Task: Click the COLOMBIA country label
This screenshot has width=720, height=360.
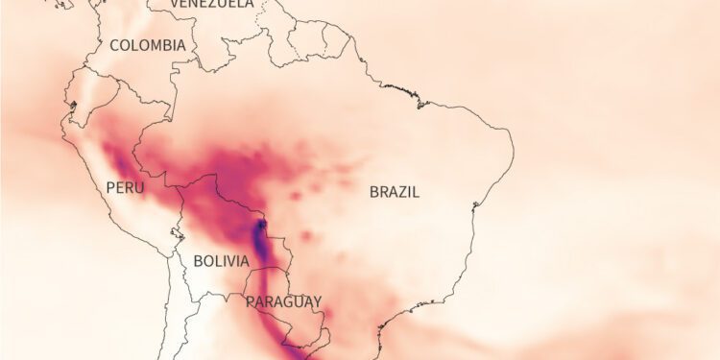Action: (148, 45)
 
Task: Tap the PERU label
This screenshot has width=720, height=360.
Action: (125, 187)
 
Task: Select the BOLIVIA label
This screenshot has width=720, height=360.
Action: (221, 260)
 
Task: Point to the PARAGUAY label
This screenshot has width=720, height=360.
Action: (284, 301)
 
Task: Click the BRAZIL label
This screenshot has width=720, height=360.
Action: (395, 191)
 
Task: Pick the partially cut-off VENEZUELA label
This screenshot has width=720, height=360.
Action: (212, 5)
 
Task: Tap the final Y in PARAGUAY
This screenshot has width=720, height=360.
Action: (317, 301)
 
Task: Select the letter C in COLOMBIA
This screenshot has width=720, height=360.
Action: (114, 45)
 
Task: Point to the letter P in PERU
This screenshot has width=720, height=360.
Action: (110, 187)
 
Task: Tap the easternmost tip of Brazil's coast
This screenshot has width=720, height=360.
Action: (513, 154)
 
